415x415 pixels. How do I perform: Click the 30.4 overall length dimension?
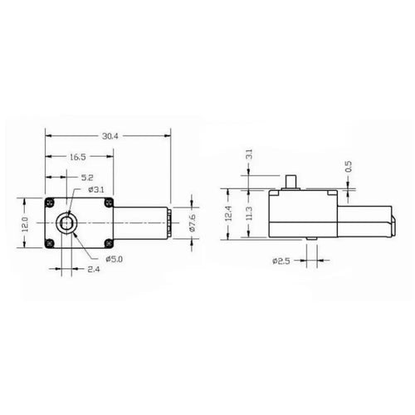(x=110, y=136)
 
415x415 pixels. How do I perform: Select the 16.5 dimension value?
(x=78, y=157)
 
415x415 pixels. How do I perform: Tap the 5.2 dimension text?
(x=86, y=178)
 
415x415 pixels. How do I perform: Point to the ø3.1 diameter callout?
(x=96, y=190)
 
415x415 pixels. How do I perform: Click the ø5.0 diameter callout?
(x=115, y=259)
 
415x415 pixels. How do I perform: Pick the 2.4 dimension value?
(x=94, y=269)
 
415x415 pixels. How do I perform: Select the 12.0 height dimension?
(x=25, y=224)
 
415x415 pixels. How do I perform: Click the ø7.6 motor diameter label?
(x=193, y=222)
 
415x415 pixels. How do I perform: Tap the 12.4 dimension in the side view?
(x=229, y=213)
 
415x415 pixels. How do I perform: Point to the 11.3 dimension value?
(x=249, y=213)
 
